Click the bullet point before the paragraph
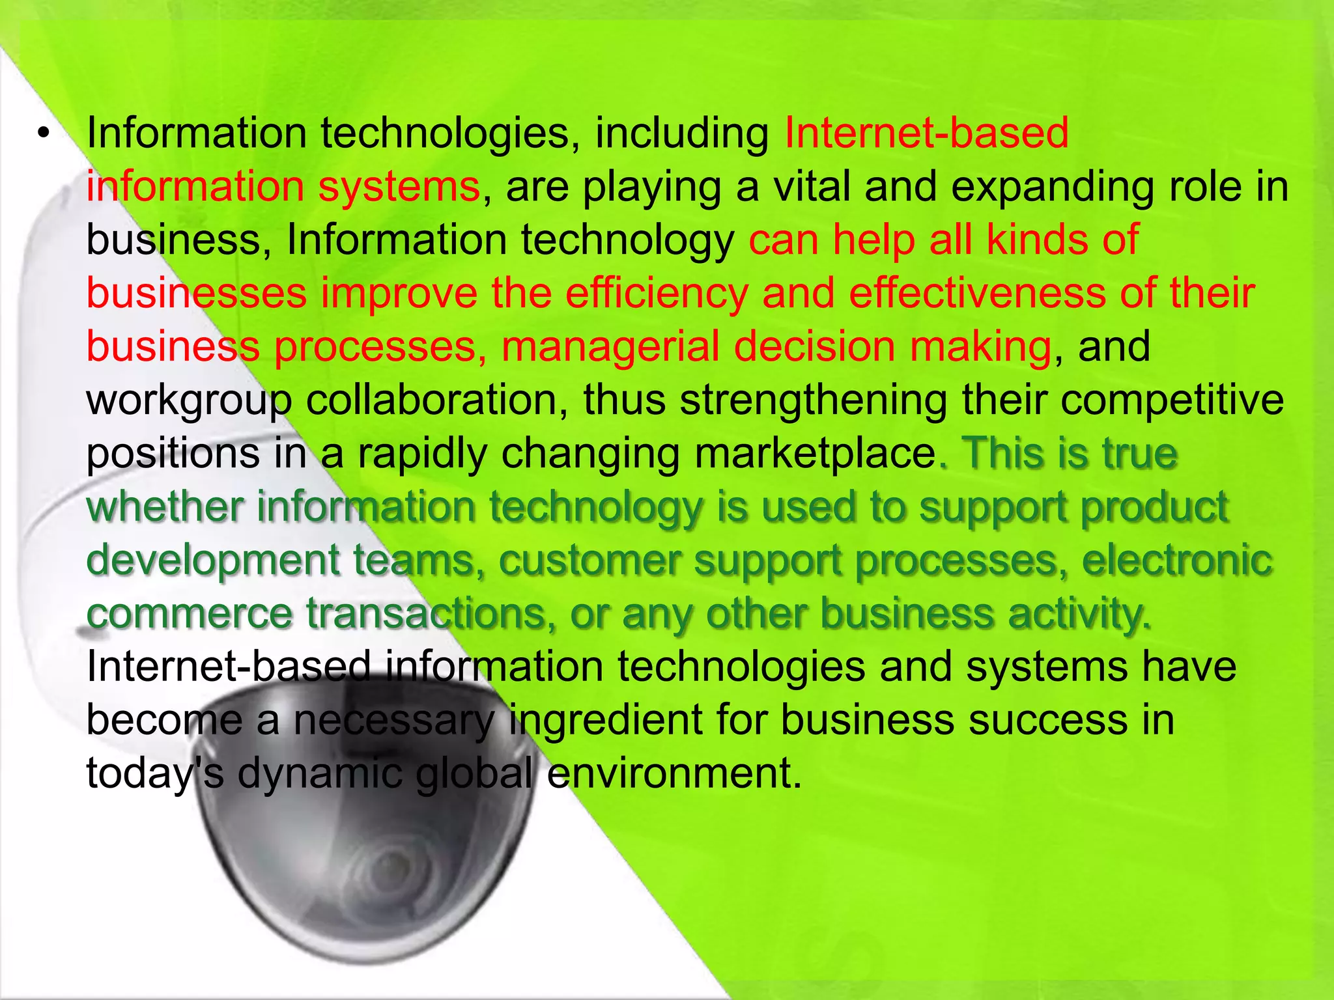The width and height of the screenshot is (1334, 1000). [x=43, y=134]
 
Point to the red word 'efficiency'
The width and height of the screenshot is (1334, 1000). [x=657, y=294]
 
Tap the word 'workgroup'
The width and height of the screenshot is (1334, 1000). [x=189, y=400]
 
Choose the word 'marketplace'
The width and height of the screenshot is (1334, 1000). [x=815, y=454]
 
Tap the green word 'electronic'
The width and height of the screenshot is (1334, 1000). [x=1176, y=560]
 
